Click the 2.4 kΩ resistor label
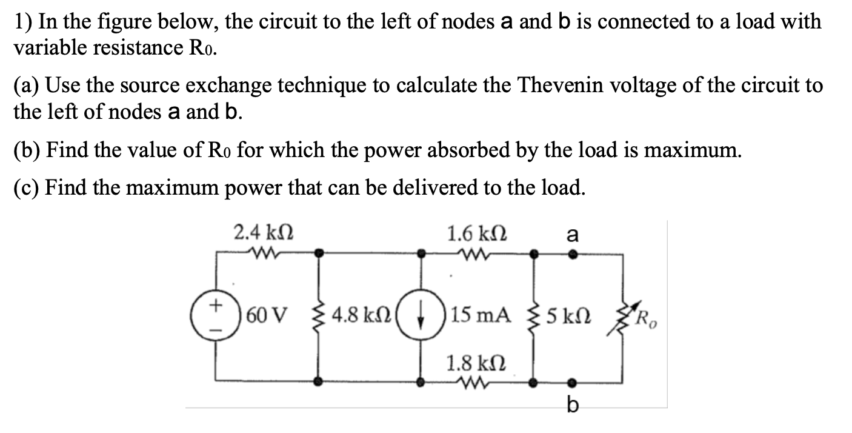click(265, 233)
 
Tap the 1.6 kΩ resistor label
click(477, 233)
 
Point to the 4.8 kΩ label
click(358, 315)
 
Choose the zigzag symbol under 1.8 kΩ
click(476, 383)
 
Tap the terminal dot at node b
click(573, 383)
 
